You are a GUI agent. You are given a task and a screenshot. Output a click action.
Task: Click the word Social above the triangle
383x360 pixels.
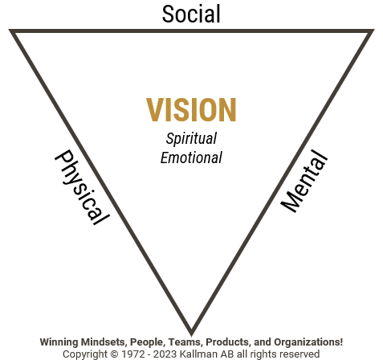tap(191, 14)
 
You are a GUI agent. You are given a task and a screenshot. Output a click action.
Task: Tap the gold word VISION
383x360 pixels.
tap(191, 110)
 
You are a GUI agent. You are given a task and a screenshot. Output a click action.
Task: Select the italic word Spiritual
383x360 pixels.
tap(191, 138)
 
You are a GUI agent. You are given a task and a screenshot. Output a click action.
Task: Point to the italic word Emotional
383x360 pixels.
tap(191, 157)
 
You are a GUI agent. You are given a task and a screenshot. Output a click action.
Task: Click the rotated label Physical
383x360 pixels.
tap(82, 187)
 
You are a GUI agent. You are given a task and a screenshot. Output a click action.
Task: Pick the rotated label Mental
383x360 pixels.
tap(304, 181)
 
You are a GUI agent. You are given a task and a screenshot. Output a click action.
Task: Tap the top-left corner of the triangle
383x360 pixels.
tap(9, 30)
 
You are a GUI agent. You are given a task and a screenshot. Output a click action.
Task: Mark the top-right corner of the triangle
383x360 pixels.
tap(374, 30)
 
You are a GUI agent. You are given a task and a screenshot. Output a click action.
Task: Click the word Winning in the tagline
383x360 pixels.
tap(59, 342)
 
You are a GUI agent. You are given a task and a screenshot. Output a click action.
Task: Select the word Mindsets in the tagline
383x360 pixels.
tap(104, 342)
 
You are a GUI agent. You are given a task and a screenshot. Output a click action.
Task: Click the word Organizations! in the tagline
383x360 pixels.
tap(308, 342)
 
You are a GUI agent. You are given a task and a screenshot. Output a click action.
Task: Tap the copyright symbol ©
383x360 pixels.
tap(114, 354)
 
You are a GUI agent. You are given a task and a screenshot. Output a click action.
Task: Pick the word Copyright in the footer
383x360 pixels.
tap(85, 354)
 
